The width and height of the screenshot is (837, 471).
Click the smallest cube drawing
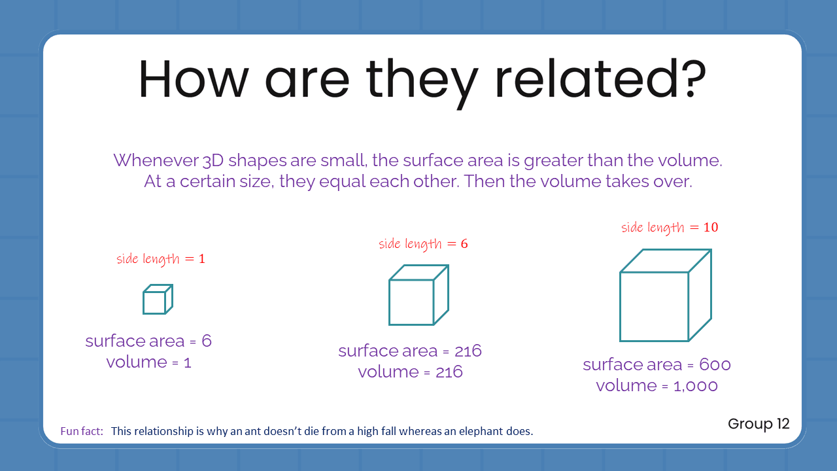157,300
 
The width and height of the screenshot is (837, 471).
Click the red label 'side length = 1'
161,259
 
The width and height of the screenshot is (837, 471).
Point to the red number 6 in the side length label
464,244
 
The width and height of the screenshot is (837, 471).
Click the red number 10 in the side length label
711,228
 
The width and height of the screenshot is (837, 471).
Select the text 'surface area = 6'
148,341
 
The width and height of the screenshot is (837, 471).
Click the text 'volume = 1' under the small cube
148,362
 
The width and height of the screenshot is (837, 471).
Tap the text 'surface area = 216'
410,351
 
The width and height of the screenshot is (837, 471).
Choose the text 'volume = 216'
410,372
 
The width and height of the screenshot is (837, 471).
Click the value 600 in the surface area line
715,364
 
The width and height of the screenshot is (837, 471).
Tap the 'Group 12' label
759,424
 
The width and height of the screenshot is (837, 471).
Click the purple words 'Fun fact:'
82,432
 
